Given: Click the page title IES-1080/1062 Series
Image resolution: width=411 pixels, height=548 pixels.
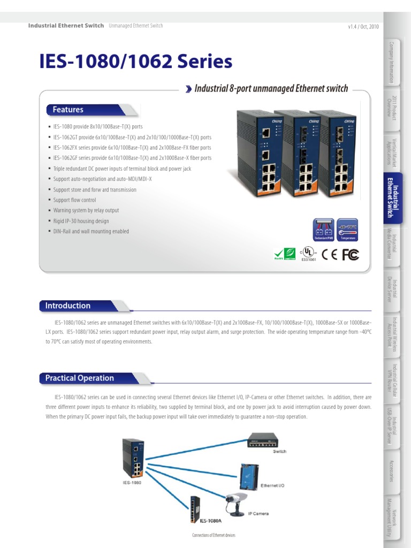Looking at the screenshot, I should click(x=136, y=62).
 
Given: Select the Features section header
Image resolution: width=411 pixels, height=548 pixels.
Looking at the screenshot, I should click(x=68, y=110).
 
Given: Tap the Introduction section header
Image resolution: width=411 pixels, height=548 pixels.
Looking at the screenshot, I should click(x=68, y=306).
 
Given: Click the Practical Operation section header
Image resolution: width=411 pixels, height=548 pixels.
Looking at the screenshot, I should click(x=80, y=378).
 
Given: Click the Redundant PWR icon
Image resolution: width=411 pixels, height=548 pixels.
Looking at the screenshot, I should click(x=323, y=229).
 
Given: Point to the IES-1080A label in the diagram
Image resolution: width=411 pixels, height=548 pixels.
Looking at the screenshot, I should click(x=211, y=520).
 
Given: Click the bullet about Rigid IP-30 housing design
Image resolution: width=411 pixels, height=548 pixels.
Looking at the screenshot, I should click(x=81, y=221).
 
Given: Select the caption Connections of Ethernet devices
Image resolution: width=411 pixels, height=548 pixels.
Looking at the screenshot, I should click(x=213, y=535).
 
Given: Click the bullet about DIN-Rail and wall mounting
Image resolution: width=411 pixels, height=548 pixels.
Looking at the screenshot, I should click(x=91, y=232).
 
